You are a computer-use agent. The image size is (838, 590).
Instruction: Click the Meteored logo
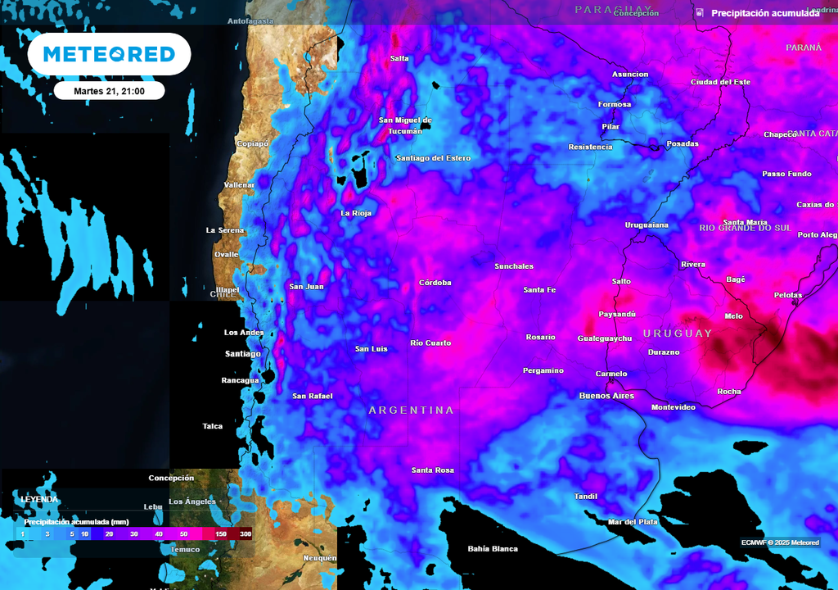pyautogui.click(x=109, y=54)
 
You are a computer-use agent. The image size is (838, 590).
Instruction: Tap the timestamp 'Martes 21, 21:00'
pyautogui.click(x=109, y=91)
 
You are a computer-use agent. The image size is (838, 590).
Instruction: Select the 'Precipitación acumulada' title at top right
pyautogui.click(x=764, y=13)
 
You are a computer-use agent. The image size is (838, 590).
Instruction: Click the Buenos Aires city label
pyautogui.click(x=606, y=396)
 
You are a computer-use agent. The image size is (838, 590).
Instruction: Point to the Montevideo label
pyautogui.click(x=673, y=407)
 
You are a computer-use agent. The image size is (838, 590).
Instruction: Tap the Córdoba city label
pyautogui.click(x=435, y=283)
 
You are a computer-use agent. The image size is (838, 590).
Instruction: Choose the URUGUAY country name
pyautogui.click(x=678, y=334)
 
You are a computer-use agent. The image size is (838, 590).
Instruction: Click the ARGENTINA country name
pyautogui.click(x=411, y=410)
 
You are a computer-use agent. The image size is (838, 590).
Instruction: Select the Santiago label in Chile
pyautogui.click(x=242, y=353)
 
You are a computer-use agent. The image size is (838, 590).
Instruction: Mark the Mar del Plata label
pyautogui.click(x=632, y=522)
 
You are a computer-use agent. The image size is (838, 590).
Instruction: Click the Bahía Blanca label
pyautogui.click(x=493, y=548)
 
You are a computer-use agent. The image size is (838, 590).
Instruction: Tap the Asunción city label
pyautogui.click(x=630, y=75)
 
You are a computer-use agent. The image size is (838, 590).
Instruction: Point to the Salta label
pyautogui.click(x=399, y=58)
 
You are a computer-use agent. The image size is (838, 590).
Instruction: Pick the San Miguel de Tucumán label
pyautogui.click(x=405, y=125)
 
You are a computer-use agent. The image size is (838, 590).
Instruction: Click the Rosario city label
pyautogui.click(x=540, y=337)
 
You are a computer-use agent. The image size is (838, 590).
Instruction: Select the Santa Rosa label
pyautogui.click(x=432, y=470)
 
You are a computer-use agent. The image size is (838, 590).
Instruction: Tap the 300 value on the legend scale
pyautogui.click(x=245, y=533)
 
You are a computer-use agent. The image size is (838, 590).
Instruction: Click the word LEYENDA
pyautogui.click(x=39, y=499)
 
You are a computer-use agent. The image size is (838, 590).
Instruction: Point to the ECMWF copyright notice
pyautogui.click(x=780, y=542)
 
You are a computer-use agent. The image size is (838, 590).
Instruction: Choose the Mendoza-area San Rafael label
pyautogui.click(x=313, y=397)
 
